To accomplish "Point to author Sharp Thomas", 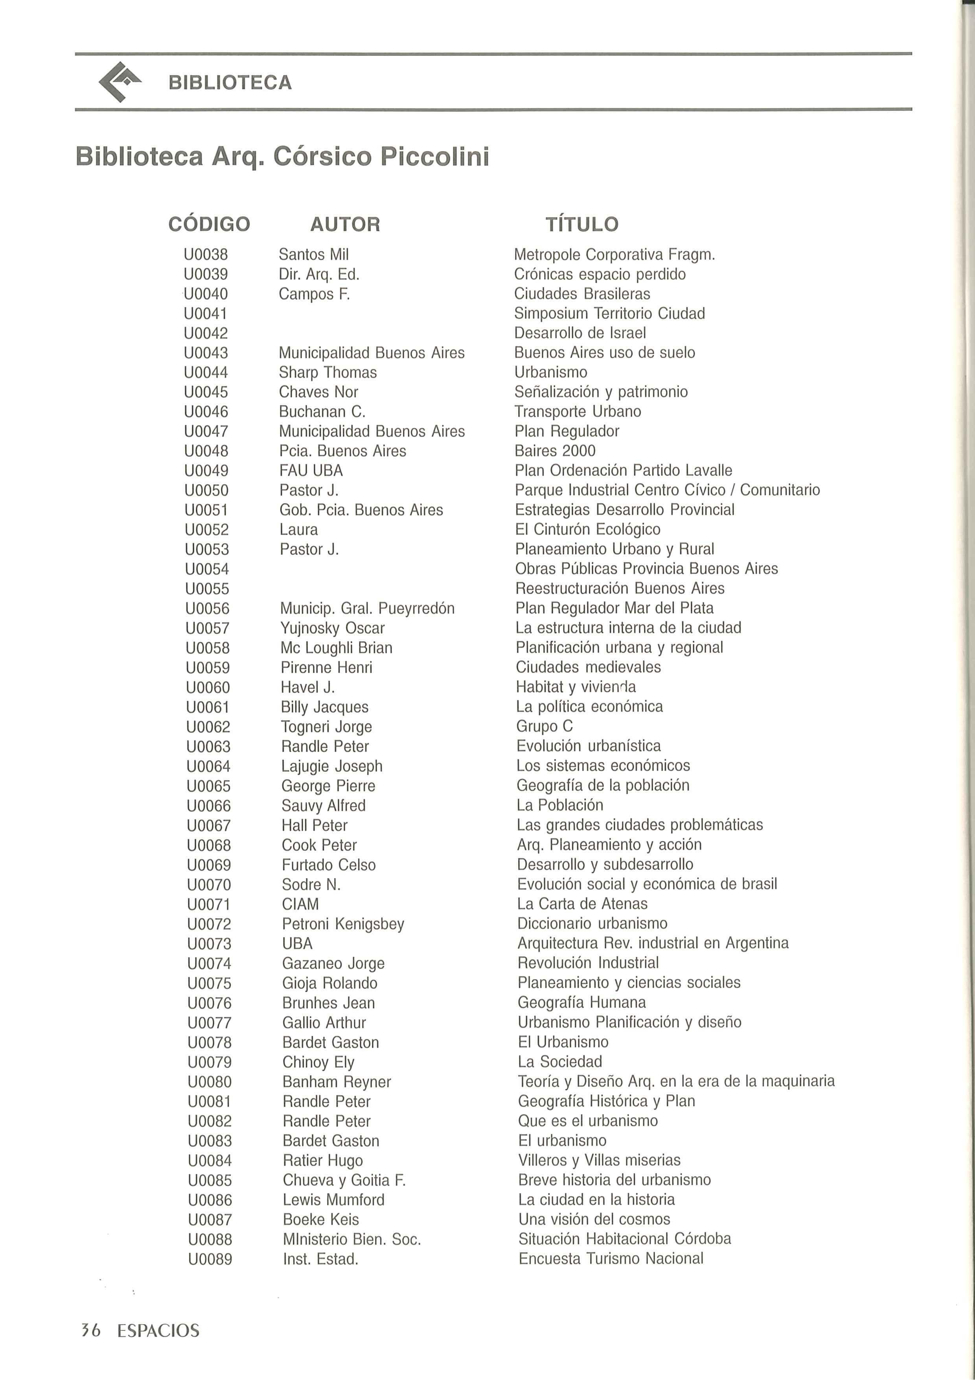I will (327, 373).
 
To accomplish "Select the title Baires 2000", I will (554, 451).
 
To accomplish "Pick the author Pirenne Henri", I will (326, 667).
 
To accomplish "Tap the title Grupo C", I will (544, 726).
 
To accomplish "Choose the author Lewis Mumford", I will (333, 1200).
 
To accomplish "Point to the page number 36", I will (91, 1330).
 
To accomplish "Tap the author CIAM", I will (300, 904).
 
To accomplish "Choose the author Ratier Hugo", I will (323, 1160).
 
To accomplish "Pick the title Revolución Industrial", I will (588, 963).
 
